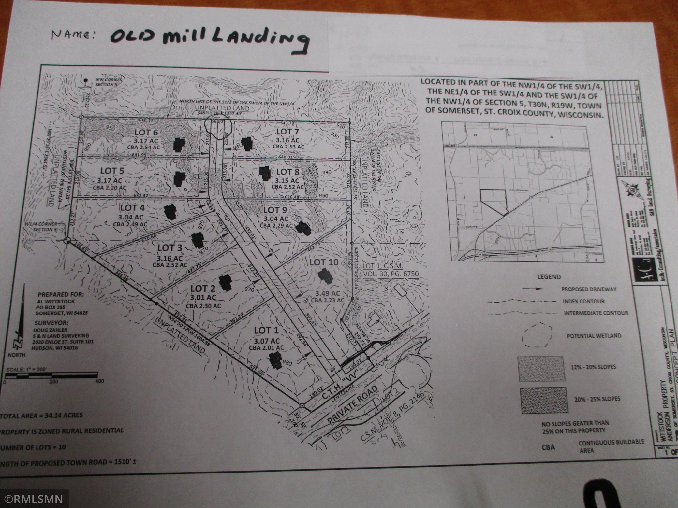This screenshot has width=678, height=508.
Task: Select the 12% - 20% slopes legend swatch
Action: (x=540, y=368)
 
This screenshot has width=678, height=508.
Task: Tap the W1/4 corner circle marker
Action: (x=67, y=241)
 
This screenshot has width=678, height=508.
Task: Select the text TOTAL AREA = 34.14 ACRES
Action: (x=42, y=416)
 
